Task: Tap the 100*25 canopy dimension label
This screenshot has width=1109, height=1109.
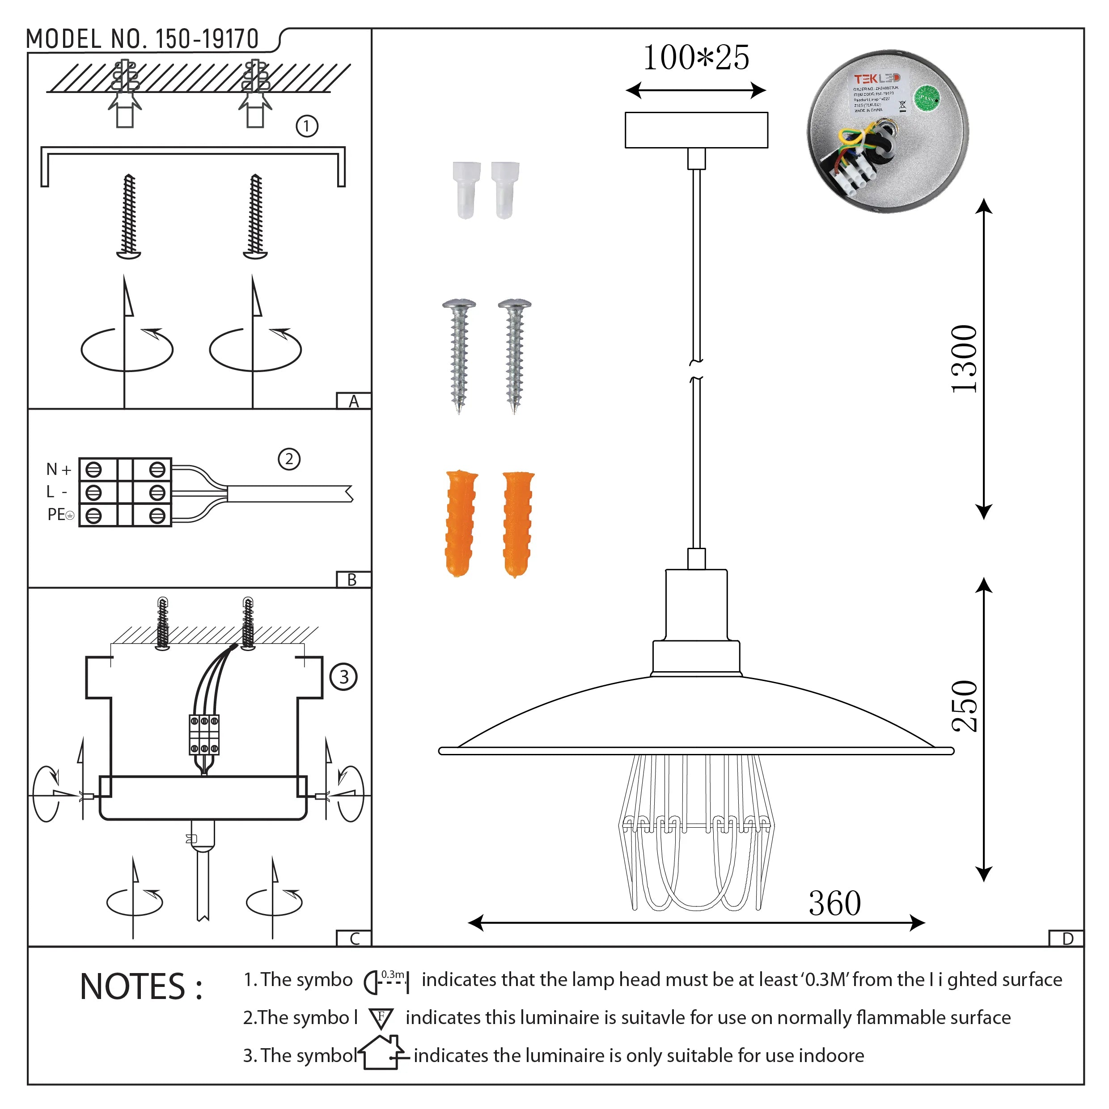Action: pyautogui.click(x=696, y=58)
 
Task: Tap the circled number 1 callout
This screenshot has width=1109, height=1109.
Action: pyautogui.click(x=306, y=126)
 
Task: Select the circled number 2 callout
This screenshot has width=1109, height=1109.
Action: pyautogui.click(x=289, y=459)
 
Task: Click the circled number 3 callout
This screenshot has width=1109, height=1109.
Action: pyautogui.click(x=343, y=677)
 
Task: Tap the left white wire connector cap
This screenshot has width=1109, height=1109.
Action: pyautogui.click(x=466, y=190)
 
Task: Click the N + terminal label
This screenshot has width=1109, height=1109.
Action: pyautogui.click(x=58, y=469)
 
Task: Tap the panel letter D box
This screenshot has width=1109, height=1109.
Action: pyautogui.click(x=1067, y=939)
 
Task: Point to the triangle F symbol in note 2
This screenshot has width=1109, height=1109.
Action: pyautogui.click(x=381, y=1018)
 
